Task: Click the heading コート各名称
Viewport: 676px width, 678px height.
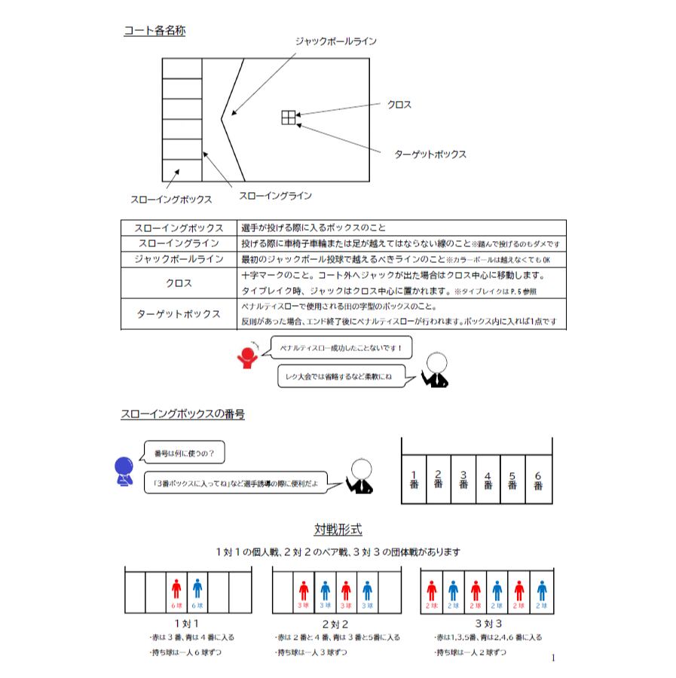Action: (154, 32)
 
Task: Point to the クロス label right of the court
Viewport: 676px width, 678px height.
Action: (399, 105)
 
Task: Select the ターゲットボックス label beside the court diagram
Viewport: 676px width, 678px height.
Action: (430, 154)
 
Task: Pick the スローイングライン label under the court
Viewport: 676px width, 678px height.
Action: (275, 195)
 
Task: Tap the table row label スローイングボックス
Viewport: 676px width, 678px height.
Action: (178, 228)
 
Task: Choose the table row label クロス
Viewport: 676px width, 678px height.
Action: (178, 283)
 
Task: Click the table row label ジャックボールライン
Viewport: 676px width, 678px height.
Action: (178, 258)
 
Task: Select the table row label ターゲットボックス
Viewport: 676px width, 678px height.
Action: (178, 313)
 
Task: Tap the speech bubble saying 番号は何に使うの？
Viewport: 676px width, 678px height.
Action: (183, 454)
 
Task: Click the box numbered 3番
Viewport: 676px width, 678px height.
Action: (463, 480)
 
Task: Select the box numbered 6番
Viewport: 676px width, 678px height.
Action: (538, 480)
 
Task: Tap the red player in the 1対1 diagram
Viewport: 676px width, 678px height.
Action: (176, 589)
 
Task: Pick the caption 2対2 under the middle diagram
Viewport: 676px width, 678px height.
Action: (335, 624)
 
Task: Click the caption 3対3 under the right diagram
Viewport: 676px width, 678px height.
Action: (488, 624)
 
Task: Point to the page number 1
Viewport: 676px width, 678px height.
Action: (553, 658)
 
